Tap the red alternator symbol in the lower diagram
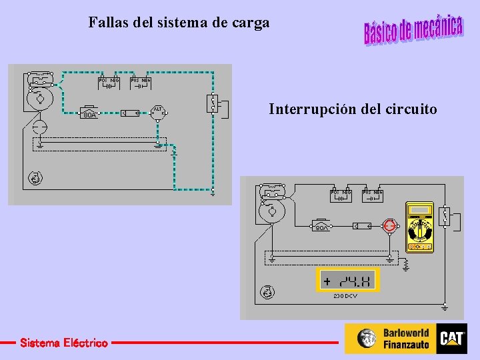click(389, 227)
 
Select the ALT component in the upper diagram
click(158, 111)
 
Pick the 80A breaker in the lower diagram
click(322, 225)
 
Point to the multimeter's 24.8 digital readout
click(347, 281)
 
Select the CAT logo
click(452, 339)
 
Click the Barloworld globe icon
click(367, 339)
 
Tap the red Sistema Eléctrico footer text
click(63, 343)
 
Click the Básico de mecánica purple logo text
click(413, 29)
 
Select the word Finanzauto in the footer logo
click(407, 345)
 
